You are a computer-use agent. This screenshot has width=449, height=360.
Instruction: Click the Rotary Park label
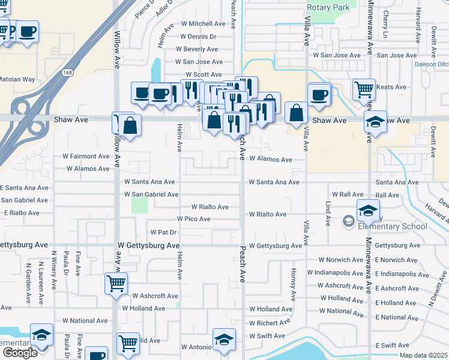(x=328, y=7)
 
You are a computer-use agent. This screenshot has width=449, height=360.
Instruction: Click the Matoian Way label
(x=17, y=79)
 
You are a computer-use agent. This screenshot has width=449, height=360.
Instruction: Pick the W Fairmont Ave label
(x=86, y=156)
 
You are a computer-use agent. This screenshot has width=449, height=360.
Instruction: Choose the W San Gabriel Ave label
(x=151, y=194)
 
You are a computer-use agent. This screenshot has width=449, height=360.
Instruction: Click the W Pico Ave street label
(x=193, y=219)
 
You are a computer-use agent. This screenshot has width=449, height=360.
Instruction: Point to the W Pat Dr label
(x=163, y=232)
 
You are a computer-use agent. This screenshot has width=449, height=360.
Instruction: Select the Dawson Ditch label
(x=432, y=64)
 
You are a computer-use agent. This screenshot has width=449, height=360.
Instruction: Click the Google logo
(x=20, y=353)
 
